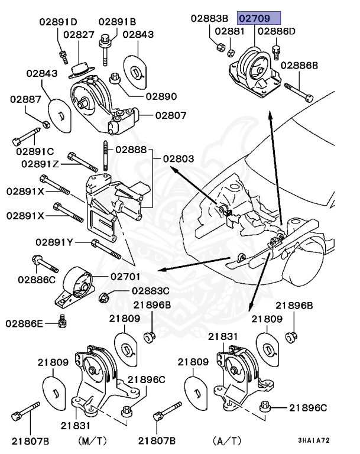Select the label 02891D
(x=58, y=22)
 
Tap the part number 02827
(x=79, y=35)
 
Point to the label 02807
(x=171, y=115)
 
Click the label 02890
(x=161, y=95)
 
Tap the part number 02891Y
(x=54, y=242)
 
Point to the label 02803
(x=179, y=158)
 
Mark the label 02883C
(x=150, y=291)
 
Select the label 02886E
(x=25, y=323)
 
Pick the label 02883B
(x=211, y=18)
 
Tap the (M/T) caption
(x=93, y=440)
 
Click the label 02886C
(x=36, y=278)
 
